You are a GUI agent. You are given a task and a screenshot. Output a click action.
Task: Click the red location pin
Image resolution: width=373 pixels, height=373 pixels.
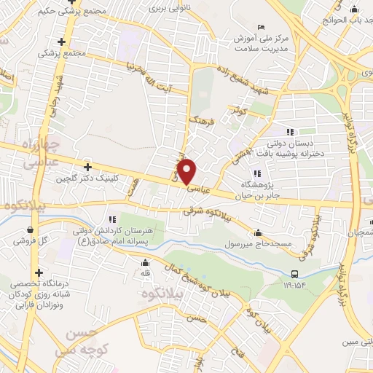coord(188,171)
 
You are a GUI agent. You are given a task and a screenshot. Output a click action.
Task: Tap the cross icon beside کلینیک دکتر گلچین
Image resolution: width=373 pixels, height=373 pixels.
coord(88,167)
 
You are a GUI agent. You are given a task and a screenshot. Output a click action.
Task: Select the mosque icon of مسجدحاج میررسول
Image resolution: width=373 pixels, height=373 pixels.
coord(259,232)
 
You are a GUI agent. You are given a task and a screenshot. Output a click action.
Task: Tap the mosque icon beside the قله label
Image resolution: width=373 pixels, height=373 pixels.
coord(146,262)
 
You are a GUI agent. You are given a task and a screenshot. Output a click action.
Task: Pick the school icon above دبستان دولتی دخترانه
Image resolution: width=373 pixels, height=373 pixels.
coord(290,131)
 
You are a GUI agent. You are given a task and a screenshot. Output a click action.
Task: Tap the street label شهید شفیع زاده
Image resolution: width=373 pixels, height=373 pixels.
coord(243,82)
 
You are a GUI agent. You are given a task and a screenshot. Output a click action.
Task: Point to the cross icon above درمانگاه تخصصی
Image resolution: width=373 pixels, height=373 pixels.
coord(38,272)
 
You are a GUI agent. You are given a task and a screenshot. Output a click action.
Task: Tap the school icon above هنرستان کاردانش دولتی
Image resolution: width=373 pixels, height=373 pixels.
coord(111,219)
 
